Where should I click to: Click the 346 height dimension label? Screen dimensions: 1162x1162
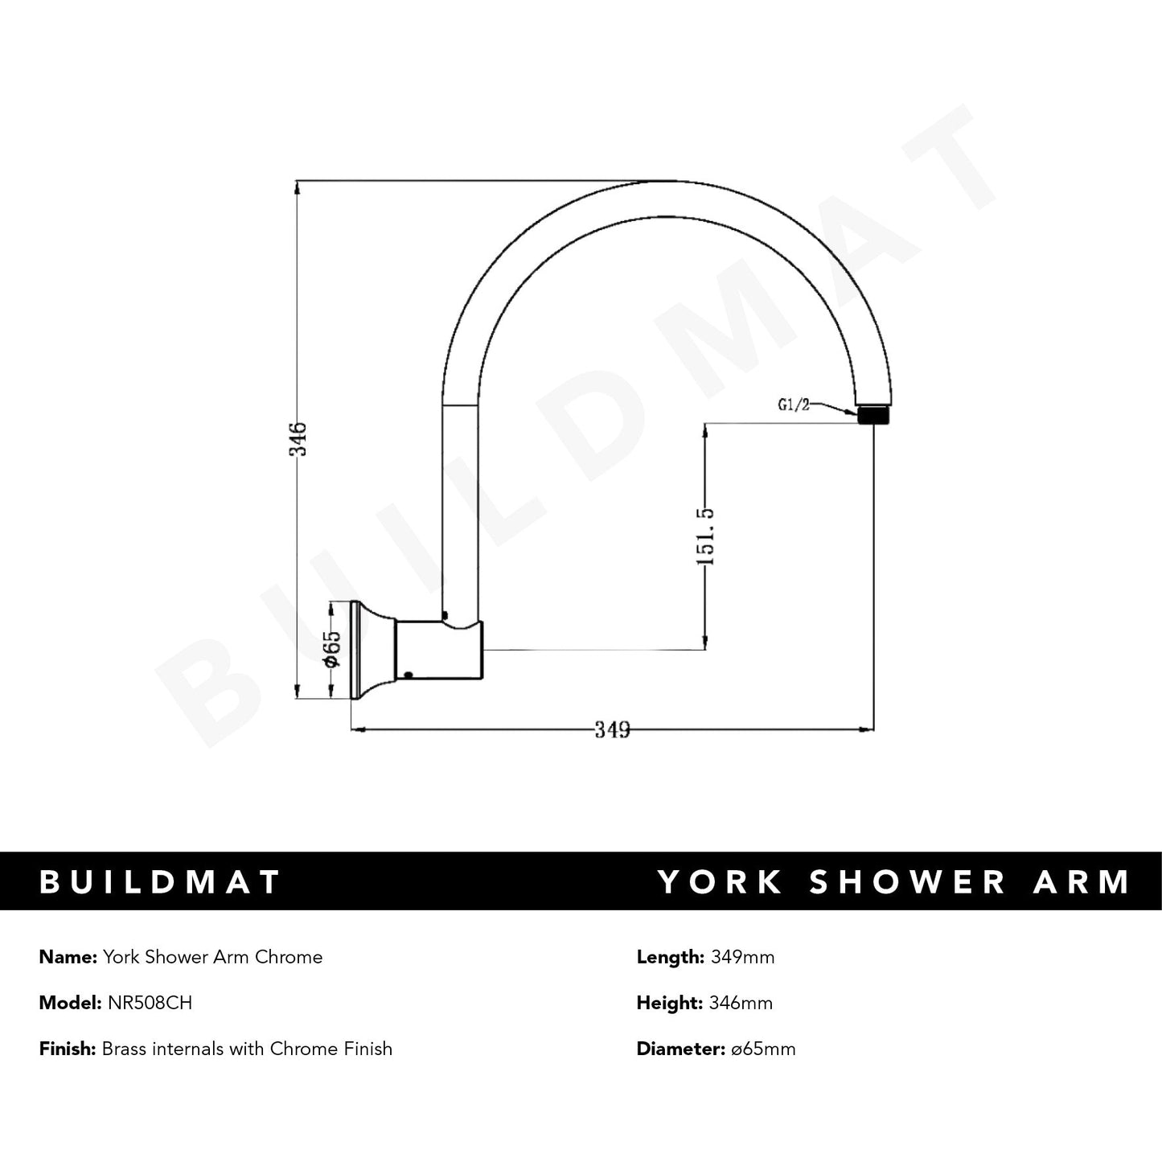pos(299,438)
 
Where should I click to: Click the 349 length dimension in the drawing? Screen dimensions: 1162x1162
pos(612,729)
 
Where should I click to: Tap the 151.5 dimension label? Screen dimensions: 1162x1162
pos(704,536)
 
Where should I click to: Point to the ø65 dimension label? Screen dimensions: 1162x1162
pos(332,648)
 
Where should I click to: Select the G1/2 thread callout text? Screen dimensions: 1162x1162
pos(794,404)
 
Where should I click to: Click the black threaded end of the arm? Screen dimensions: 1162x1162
pos(873,416)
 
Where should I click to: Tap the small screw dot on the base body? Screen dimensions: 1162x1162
pos(409,675)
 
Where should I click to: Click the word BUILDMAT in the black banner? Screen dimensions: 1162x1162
pos(160,881)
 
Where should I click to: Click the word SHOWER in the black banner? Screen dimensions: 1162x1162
pos(908,881)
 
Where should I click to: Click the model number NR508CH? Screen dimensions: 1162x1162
pos(150,1003)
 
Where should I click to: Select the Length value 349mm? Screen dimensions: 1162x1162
pos(742,957)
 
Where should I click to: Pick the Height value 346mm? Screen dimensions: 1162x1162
pos(741,1003)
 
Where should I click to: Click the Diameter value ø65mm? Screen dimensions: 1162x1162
pos(761,1049)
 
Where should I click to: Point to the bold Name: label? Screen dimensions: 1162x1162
pos(68,957)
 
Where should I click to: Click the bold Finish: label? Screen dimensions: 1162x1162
pos(68,1049)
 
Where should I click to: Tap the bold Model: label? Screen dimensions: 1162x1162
pos(70,1003)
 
